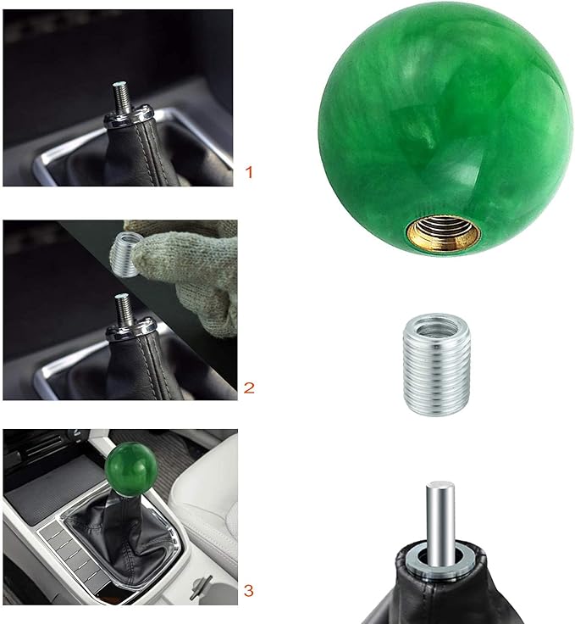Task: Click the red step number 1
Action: pos(249,172)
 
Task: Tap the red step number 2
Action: pos(249,388)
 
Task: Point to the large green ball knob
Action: pos(445,127)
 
